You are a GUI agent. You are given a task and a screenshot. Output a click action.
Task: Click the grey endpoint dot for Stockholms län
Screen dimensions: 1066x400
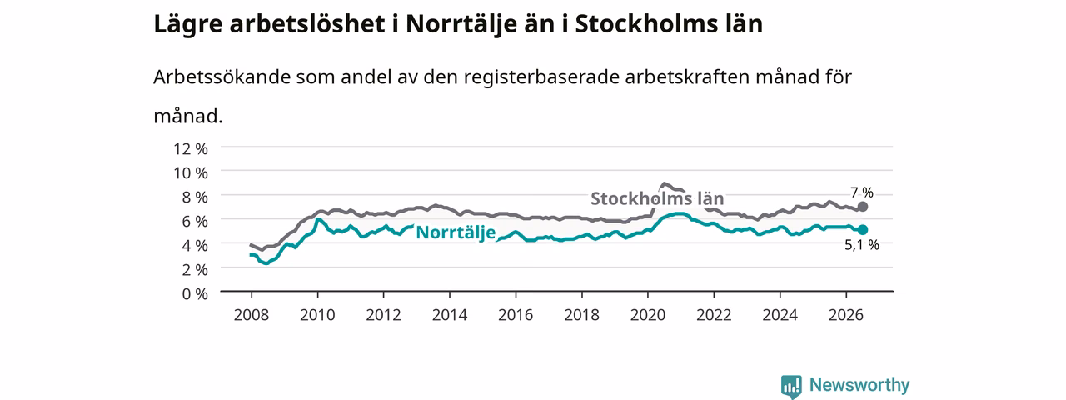[x=862, y=207]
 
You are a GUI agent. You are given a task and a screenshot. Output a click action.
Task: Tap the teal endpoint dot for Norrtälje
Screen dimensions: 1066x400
[x=862, y=229]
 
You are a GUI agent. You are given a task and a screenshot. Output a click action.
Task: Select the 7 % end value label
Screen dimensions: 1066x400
[x=862, y=192]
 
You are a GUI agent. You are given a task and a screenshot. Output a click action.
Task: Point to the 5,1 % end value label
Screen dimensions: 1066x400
[x=862, y=245]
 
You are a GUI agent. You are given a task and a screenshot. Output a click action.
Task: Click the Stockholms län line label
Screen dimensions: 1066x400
[x=657, y=198]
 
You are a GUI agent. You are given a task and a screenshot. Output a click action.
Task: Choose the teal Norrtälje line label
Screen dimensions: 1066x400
[x=456, y=232]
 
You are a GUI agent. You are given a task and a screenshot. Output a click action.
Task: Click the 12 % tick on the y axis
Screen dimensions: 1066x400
[x=191, y=149]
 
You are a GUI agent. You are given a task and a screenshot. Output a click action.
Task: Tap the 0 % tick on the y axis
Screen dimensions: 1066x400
[x=195, y=294]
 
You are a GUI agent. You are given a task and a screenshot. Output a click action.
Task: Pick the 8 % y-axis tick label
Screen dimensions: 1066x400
[x=195, y=197]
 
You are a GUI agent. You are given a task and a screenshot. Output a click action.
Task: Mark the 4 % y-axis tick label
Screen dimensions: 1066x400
[x=195, y=246]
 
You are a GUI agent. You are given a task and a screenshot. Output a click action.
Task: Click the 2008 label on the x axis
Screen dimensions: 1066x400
[x=252, y=315]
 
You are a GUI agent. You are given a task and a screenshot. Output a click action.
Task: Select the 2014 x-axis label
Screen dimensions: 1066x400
[x=450, y=315]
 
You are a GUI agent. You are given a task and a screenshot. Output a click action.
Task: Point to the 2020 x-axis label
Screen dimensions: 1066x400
[x=648, y=315]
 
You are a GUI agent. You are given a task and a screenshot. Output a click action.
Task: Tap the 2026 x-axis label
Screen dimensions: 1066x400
[x=846, y=315]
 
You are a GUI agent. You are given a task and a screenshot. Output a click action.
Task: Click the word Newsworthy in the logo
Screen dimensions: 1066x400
[x=859, y=385]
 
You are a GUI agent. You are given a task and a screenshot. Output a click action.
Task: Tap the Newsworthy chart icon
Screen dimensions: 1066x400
[x=791, y=386]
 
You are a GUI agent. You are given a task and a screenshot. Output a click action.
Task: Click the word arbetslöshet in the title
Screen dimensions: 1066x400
[x=307, y=24]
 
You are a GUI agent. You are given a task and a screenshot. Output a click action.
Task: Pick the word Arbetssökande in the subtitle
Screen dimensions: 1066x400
[x=222, y=77]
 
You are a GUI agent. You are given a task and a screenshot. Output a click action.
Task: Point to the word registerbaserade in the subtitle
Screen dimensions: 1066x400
[x=541, y=77]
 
